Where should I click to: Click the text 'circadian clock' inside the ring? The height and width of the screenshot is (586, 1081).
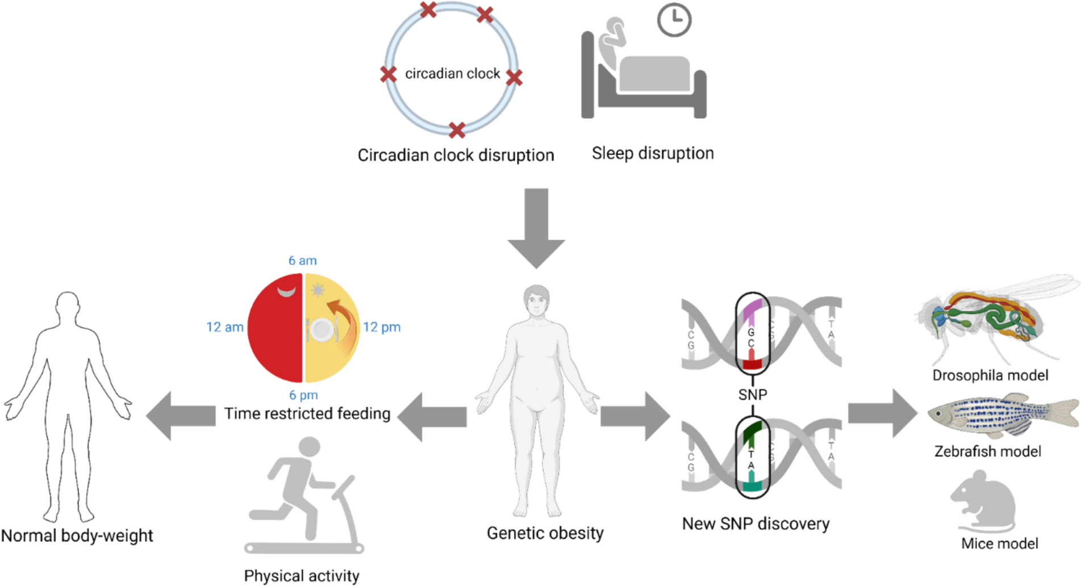click(452, 74)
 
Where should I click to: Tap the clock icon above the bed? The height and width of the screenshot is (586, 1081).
click(674, 20)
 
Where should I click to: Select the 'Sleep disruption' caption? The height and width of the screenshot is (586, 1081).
click(653, 153)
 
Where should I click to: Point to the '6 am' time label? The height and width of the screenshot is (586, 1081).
click(302, 261)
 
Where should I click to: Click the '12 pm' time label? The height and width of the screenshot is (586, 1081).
click(382, 327)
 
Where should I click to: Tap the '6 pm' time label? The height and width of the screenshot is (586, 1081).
click(303, 395)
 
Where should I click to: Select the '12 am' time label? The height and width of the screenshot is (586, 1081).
click(224, 327)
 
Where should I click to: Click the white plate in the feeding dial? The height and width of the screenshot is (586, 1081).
click(322, 330)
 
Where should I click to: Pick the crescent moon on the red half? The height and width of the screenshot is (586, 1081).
click(286, 292)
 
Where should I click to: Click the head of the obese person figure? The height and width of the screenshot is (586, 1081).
click(536, 300)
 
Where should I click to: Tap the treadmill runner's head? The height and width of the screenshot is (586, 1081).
click(309, 446)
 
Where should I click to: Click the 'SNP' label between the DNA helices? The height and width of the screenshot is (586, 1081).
click(753, 394)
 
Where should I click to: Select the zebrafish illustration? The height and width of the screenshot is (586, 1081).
click(1003, 416)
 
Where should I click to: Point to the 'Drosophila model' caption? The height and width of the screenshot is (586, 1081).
click(990, 375)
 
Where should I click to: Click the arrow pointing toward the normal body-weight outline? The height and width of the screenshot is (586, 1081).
click(180, 416)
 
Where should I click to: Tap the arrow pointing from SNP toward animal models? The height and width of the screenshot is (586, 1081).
click(882, 413)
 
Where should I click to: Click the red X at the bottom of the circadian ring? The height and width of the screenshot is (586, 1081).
click(457, 130)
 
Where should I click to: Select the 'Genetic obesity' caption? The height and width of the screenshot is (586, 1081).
click(545, 533)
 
